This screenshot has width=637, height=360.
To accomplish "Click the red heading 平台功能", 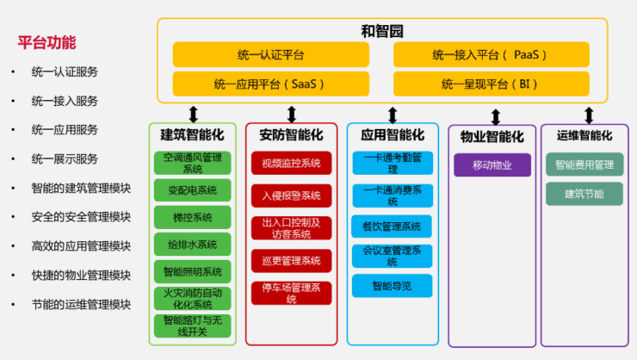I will coord(46,42).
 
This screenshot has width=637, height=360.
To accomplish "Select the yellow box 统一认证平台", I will coord(270,55).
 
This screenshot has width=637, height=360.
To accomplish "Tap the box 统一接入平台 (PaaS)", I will coord(491,55).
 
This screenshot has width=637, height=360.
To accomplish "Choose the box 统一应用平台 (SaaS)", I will coord(270,84).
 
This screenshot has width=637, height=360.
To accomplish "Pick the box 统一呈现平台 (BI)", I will coord(491,84).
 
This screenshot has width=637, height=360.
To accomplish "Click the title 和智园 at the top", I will coord(382,32).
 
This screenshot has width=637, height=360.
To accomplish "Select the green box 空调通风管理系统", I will coord(193,162).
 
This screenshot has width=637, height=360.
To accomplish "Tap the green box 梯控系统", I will coord(193,217).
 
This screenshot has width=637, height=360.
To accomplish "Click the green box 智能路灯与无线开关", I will coord(193,326).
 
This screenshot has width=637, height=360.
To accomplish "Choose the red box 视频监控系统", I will coord(291,163).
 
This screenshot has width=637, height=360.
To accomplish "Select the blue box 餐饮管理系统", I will coord(392,227).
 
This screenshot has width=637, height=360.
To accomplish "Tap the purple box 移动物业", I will coord(492,164).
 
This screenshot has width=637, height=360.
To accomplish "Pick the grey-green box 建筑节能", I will coord(584,193).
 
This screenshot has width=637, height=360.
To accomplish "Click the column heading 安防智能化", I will coord(291,135).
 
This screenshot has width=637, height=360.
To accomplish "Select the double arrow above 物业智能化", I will coord(495,115).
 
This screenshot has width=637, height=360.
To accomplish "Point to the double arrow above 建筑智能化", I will coord(193,113).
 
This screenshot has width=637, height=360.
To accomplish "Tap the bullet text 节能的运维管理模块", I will coord(81,304).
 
